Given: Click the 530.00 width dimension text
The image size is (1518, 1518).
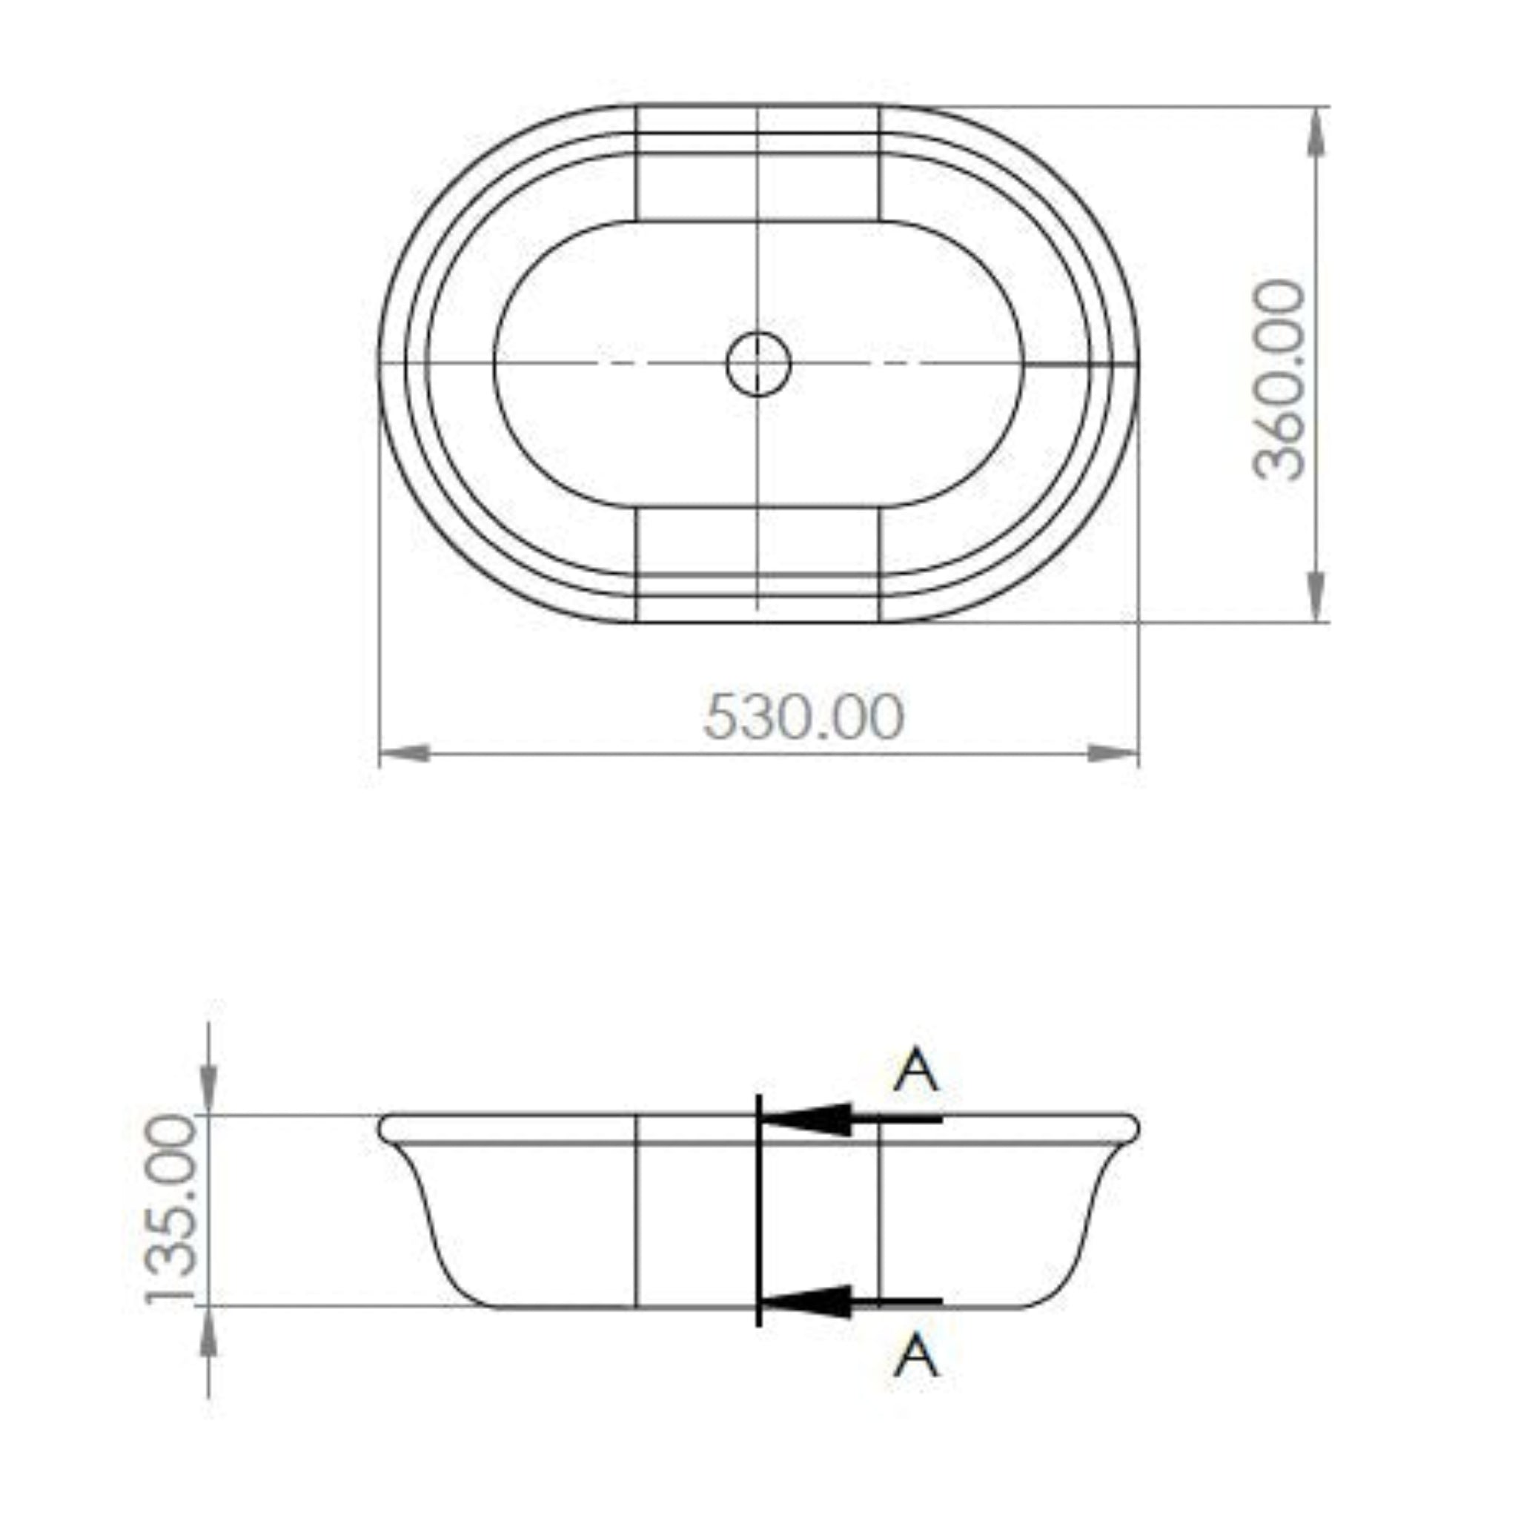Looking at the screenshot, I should [803, 716].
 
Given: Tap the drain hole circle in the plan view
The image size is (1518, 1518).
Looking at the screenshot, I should [758, 364].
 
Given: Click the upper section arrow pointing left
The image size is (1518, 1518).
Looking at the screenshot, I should [817, 1118].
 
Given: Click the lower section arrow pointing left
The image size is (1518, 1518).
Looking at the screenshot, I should [817, 1302].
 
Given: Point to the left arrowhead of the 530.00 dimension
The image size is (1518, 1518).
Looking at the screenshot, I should [405, 754].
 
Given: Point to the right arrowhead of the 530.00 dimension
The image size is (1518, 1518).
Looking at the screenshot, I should [1113, 754].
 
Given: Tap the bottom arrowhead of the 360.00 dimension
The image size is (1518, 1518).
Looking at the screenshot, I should [1318, 597].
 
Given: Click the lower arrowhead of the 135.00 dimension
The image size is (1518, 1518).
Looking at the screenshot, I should [208, 1334].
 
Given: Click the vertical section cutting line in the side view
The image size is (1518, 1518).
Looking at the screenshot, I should [758, 1210].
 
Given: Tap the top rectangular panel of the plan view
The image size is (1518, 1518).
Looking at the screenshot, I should [757, 163].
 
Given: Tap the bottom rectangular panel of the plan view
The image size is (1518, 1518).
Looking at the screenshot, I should [757, 563].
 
